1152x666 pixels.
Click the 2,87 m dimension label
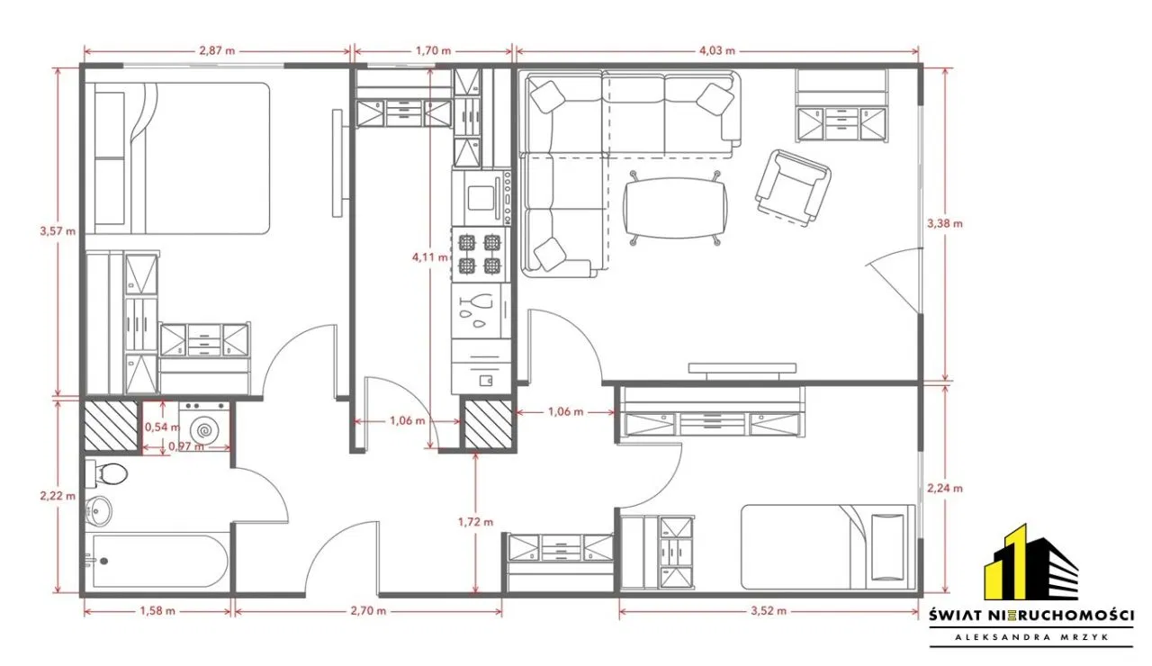tap(217, 51)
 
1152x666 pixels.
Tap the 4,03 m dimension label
tap(717, 51)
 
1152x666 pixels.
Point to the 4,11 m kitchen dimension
tap(430, 257)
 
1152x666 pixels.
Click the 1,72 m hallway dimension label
tap(476, 523)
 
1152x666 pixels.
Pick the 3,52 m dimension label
tap(769, 611)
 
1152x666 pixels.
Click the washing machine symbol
tap(204, 426)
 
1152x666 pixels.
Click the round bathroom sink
tap(98, 511)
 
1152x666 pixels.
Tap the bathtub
tap(157, 561)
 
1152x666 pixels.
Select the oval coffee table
tap(675, 208)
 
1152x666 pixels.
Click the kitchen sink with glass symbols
tap(481, 310)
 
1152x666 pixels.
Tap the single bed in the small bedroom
tap(828, 546)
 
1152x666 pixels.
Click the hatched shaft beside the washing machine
tap(111, 426)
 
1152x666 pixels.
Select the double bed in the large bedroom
tap(177, 158)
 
